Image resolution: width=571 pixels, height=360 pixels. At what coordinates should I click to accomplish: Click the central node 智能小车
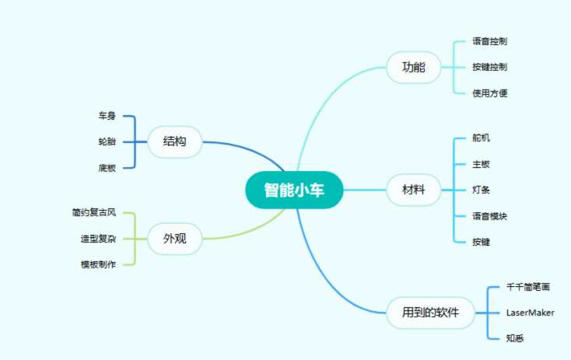(x=293, y=190)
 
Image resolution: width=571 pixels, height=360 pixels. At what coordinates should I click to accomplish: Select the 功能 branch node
(x=413, y=67)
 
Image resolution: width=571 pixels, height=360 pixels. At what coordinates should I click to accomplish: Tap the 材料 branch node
(x=413, y=190)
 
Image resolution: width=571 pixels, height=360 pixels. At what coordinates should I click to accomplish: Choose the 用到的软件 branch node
(x=430, y=313)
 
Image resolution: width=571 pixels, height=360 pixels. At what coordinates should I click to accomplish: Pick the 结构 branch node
(x=174, y=142)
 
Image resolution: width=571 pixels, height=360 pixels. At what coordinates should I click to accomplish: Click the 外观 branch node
(x=174, y=239)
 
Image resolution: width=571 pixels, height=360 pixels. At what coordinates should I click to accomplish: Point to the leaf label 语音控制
(x=490, y=40)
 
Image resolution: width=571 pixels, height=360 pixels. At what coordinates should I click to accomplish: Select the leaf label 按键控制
(x=490, y=67)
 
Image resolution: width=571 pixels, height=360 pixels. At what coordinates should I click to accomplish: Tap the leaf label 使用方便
(x=490, y=93)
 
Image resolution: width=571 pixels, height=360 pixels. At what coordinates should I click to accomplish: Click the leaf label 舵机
(x=482, y=138)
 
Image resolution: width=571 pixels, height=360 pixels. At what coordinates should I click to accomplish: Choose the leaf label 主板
(x=482, y=164)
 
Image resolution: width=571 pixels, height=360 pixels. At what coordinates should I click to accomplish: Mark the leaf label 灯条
(x=482, y=190)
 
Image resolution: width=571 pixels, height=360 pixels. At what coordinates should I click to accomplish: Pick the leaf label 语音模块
(x=490, y=216)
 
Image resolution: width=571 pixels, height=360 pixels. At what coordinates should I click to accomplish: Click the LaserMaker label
(x=530, y=313)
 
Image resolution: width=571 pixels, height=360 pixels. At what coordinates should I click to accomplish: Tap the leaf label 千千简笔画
(x=528, y=287)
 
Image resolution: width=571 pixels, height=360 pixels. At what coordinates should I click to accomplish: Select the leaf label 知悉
(x=515, y=338)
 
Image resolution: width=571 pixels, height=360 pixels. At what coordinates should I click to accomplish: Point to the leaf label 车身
(x=107, y=116)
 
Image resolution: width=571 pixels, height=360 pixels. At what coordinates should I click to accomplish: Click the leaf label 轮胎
(x=107, y=142)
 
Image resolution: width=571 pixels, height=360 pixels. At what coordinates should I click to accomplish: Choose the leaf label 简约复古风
(x=93, y=212)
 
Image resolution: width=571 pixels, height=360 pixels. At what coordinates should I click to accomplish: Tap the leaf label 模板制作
(x=98, y=264)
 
